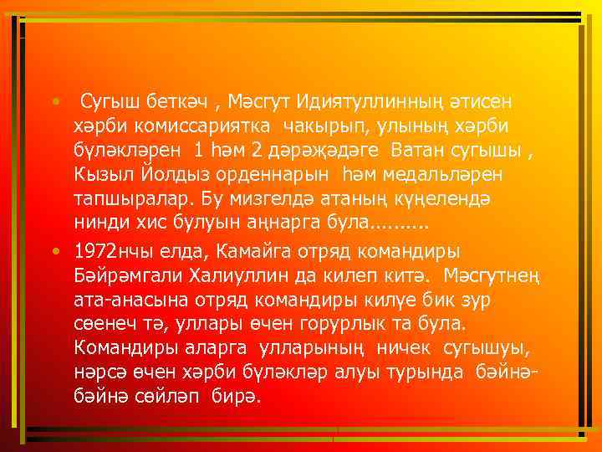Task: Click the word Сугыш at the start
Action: [x=105, y=101]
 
